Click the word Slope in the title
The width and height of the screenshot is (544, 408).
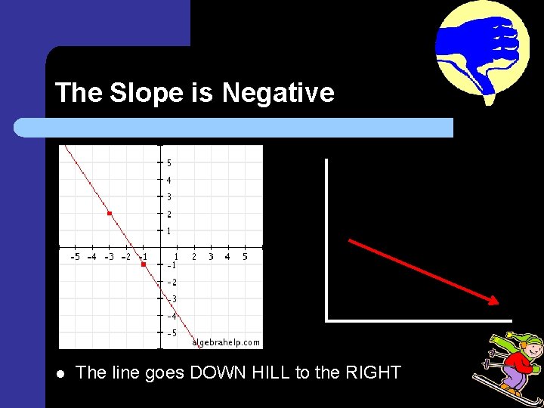(x=155, y=93)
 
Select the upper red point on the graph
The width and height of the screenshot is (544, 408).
(x=110, y=215)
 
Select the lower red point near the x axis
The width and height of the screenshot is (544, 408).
(x=143, y=264)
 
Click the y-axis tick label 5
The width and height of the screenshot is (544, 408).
(x=168, y=163)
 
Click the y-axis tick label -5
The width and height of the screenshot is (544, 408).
(x=172, y=333)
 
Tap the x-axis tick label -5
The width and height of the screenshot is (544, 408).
(x=75, y=257)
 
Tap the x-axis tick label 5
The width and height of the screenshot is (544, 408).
(x=245, y=257)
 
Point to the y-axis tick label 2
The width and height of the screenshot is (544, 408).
(x=168, y=215)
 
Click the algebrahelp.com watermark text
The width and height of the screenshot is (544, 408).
(x=226, y=342)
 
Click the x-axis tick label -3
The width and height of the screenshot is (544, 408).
(x=109, y=257)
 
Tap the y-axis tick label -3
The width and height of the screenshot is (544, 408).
(x=172, y=299)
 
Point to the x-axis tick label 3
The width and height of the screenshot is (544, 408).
(x=211, y=257)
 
